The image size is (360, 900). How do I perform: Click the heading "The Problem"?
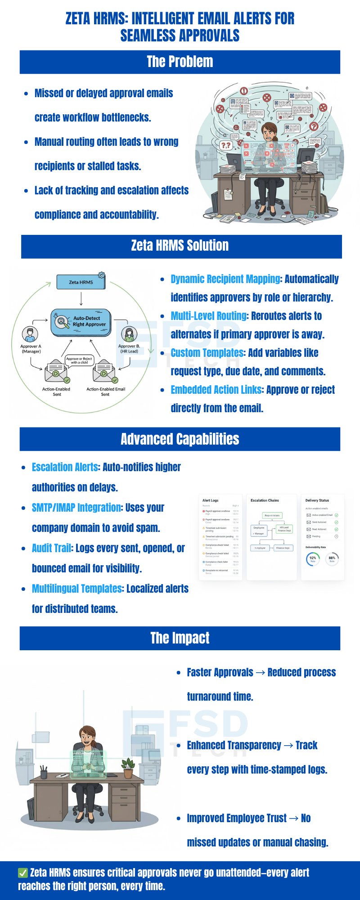(180, 62)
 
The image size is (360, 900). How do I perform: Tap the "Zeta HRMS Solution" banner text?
(180, 246)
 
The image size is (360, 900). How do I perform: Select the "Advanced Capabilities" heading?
(180, 439)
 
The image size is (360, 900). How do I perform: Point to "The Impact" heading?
(180, 638)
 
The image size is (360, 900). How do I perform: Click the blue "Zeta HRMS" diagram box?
(81, 282)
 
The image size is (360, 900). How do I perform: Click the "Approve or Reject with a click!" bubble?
(79, 360)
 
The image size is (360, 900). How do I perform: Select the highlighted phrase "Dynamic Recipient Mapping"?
(225, 279)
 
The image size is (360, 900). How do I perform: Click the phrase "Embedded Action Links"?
(216, 390)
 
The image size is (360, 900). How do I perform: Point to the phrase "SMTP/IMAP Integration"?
(76, 508)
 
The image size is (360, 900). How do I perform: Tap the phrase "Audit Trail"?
(51, 549)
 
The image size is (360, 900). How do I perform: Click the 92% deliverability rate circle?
(313, 559)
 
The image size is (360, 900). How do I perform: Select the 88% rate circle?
(332, 559)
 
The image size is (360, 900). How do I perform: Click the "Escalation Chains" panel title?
(265, 500)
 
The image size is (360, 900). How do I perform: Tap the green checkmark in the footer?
(22, 873)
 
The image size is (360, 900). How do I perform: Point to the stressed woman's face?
(269, 133)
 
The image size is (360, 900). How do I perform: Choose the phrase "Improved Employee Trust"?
(237, 818)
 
